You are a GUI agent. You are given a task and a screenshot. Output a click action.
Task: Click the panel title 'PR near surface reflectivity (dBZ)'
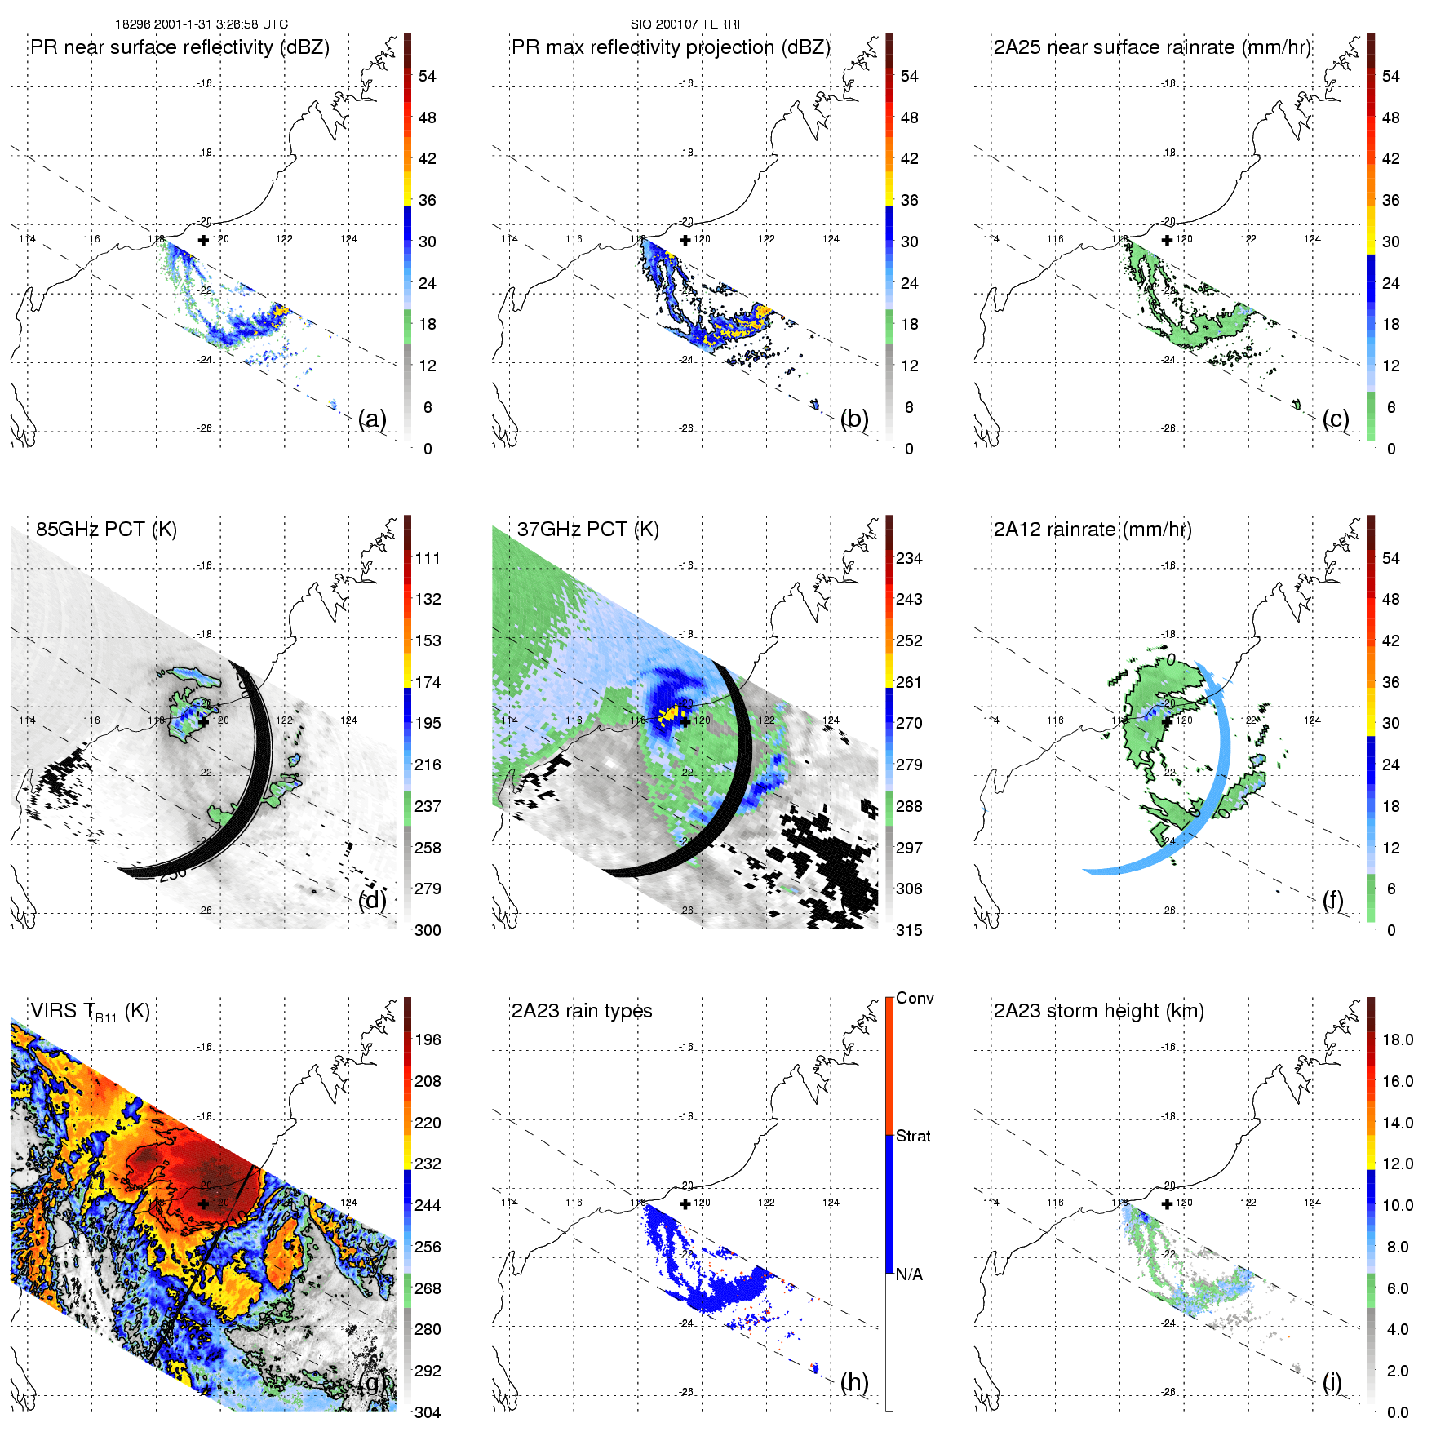point(180,47)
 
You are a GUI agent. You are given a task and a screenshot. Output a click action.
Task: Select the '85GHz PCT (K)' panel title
point(106,529)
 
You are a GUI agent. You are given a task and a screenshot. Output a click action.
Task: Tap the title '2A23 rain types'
point(582,1011)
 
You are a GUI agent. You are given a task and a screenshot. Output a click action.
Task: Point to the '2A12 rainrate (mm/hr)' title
point(1093,529)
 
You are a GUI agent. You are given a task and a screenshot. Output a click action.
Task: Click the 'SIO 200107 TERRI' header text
point(685,24)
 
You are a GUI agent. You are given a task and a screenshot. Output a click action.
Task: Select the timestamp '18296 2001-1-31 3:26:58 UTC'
point(202,24)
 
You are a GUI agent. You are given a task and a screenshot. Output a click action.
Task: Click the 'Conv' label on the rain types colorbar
point(915,998)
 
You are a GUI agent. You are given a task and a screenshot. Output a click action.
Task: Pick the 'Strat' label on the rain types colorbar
point(913,1136)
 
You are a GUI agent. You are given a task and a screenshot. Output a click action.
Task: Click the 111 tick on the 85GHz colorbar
point(428,558)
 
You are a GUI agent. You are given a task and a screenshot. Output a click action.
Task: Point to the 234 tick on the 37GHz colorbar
point(909,558)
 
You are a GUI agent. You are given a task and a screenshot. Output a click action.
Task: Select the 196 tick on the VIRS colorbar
point(428,1039)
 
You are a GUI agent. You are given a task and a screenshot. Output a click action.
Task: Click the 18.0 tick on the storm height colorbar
point(1398,1039)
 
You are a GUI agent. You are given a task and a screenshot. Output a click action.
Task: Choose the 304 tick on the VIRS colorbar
point(428,1412)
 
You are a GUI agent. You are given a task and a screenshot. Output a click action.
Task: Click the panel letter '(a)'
point(372,419)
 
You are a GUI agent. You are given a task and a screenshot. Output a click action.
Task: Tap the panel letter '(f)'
point(1332,900)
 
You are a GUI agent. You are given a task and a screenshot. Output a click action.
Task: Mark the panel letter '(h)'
point(854,1381)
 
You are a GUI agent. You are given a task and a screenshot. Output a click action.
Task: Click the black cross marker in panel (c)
point(1168,240)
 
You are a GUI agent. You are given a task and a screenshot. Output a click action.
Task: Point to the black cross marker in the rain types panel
point(685,1203)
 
